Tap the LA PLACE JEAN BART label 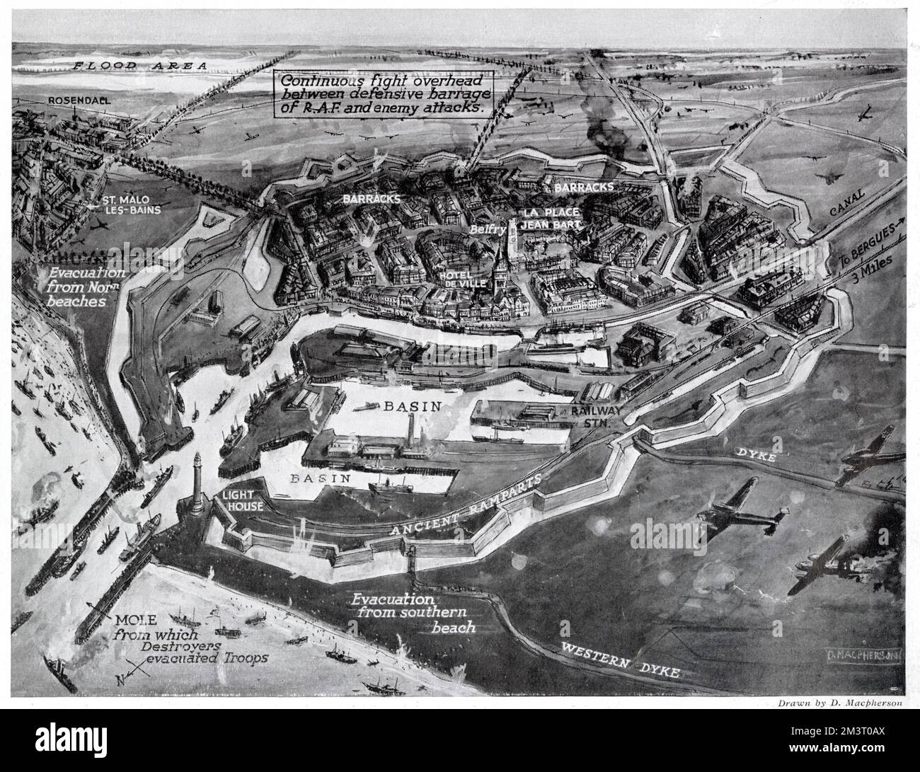(551, 218)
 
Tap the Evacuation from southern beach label (406, 613)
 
